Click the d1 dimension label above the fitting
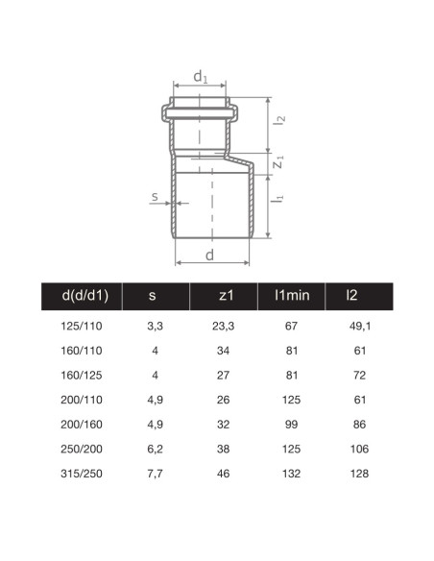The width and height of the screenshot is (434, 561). click(200, 75)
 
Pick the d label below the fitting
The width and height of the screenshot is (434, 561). click(210, 256)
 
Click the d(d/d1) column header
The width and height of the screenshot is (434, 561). click(84, 296)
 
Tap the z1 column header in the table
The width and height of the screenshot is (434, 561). click(225, 296)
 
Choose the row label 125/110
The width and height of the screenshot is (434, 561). click(84, 327)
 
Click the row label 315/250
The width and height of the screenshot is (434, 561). click(84, 473)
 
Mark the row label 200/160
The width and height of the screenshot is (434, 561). click(84, 424)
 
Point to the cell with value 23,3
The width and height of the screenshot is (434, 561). click(225, 327)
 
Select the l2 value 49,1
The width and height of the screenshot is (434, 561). click(357, 327)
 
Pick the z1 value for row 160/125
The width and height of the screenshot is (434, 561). click(225, 375)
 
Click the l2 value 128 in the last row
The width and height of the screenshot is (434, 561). click(357, 473)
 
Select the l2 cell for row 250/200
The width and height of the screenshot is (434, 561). click(357, 448)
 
